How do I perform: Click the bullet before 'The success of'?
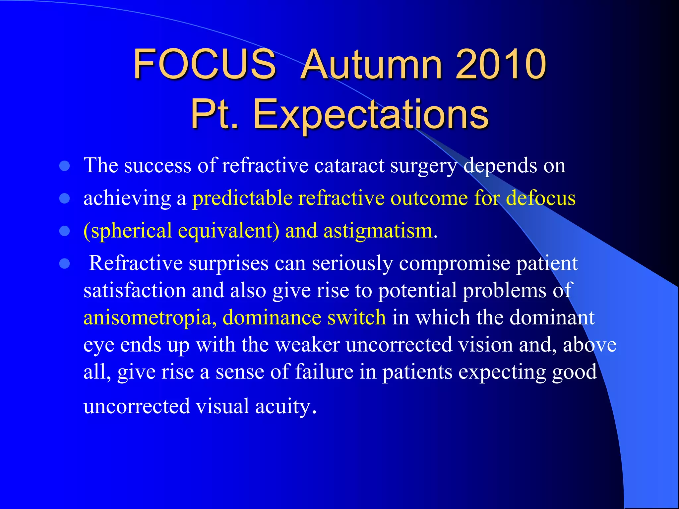pyautogui.click(x=64, y=166)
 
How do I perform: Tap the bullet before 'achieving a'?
pyautogui.click(x=64, y=198)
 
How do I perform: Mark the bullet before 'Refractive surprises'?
pyautogui.click(x=64, y=263)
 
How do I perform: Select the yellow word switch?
pyautogui.click(x=357, y=317)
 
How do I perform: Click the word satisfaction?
pyautogui.click(x=135, y=290)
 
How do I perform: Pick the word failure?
pyautogui.click(x=324, y=371)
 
